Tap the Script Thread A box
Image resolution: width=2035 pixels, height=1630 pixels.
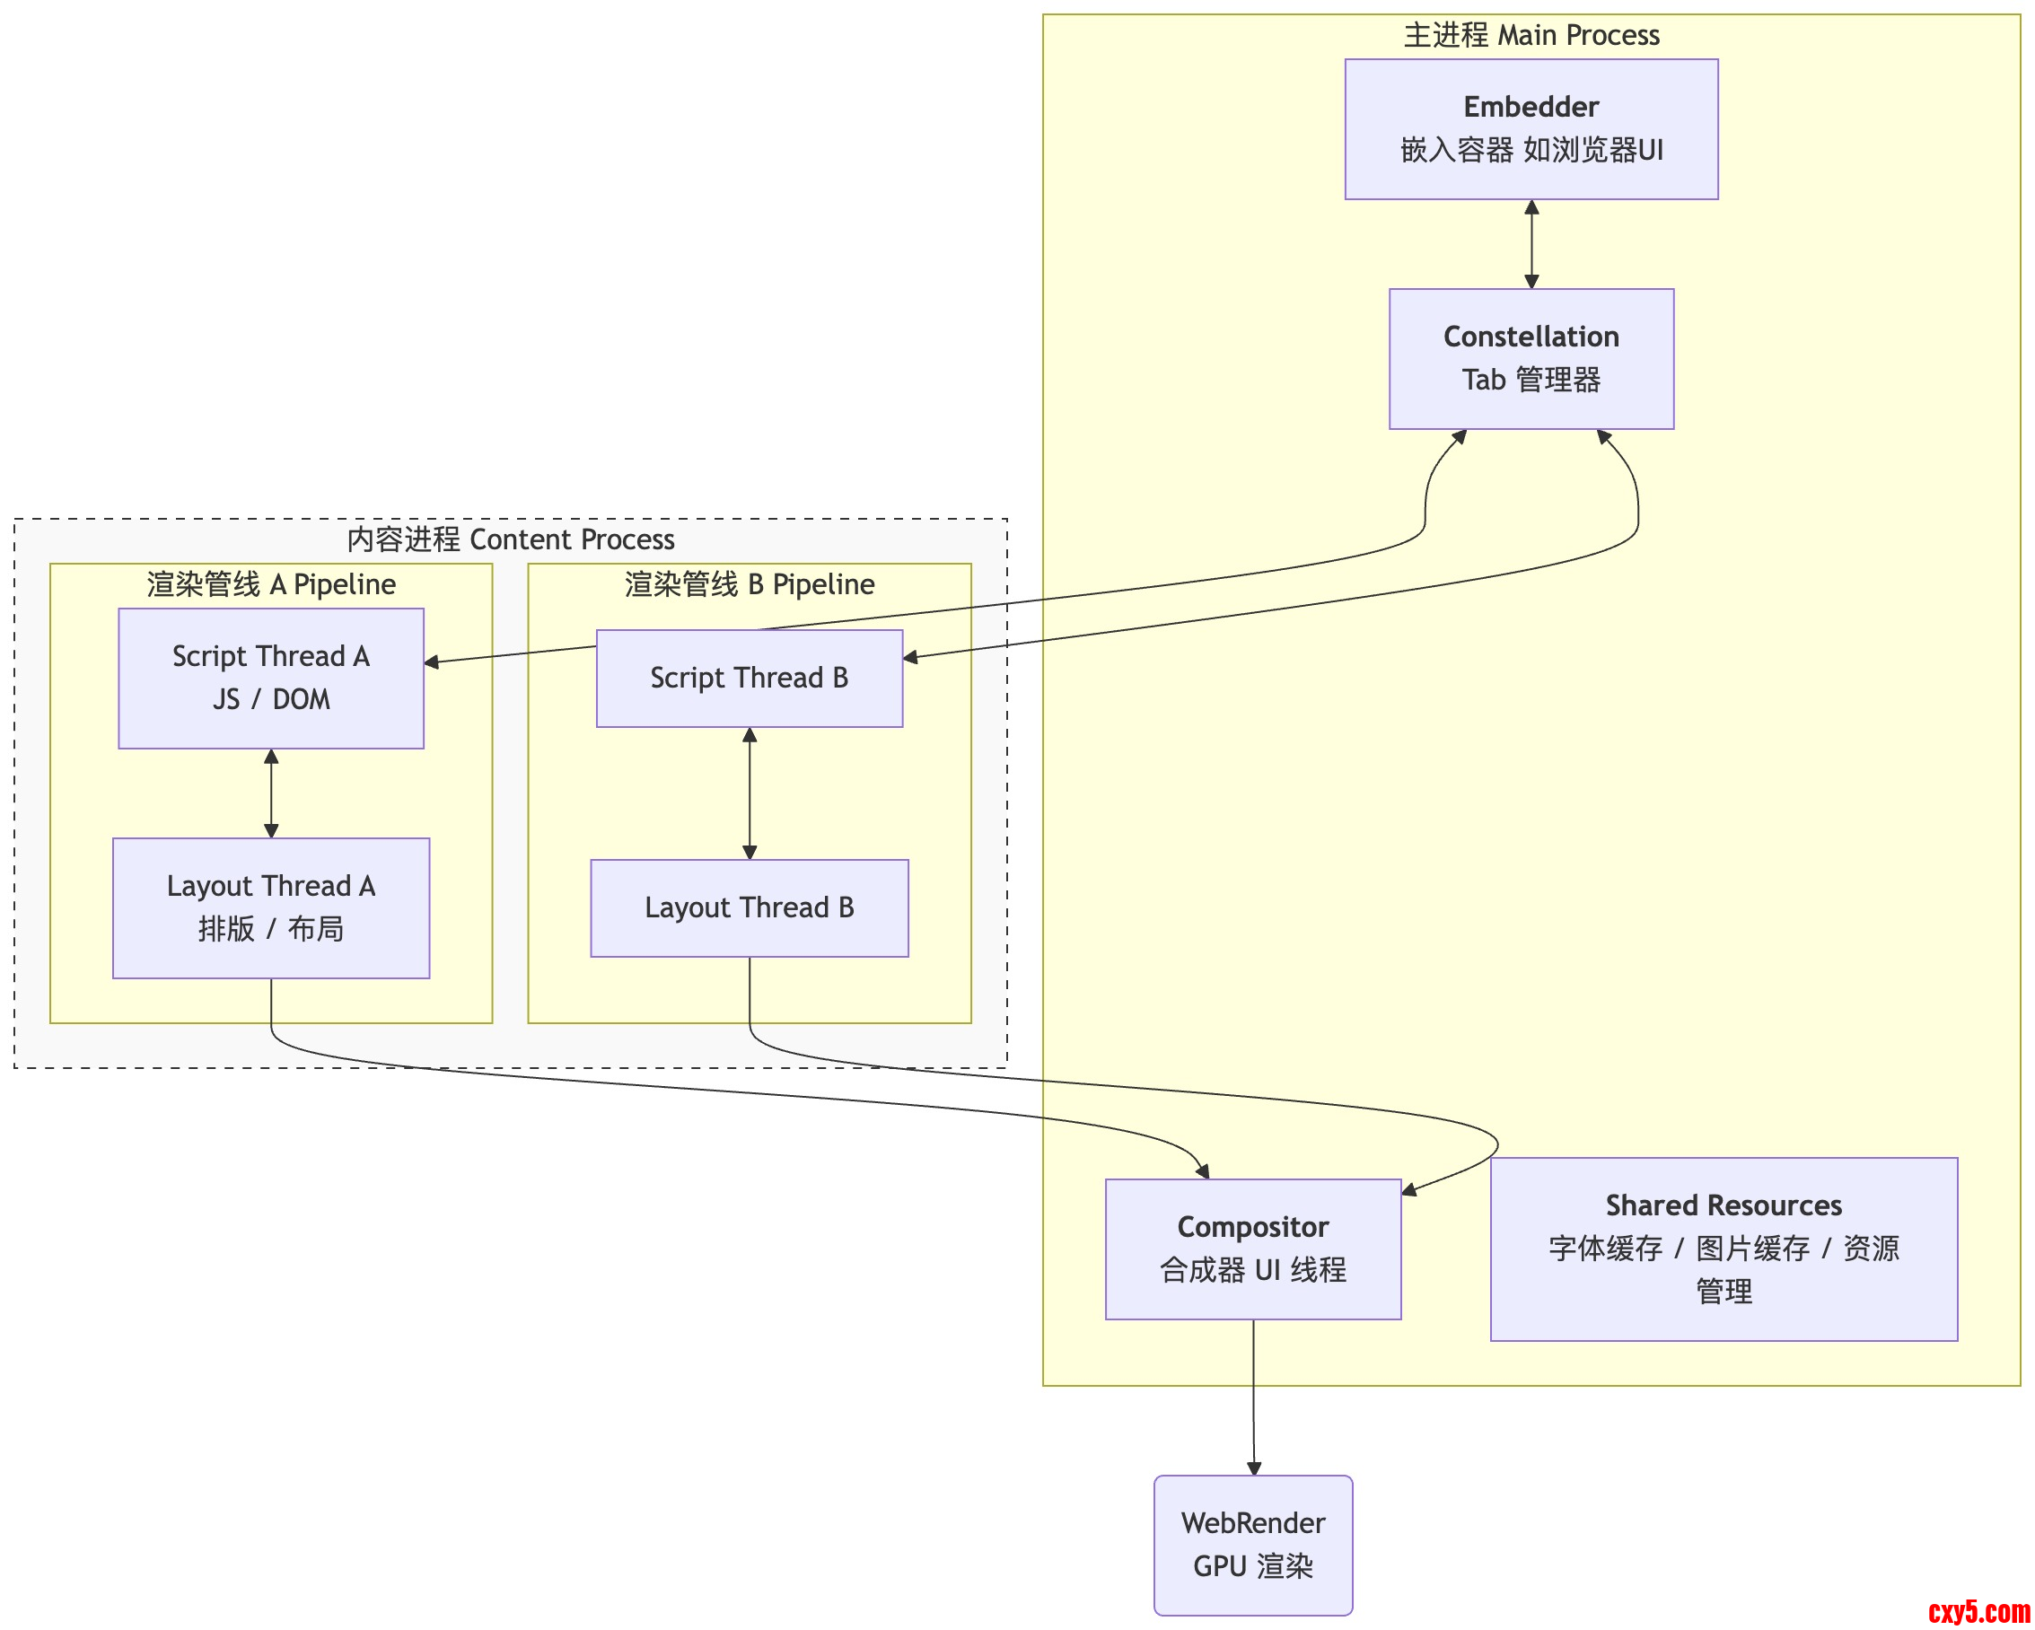[x=271, y=678]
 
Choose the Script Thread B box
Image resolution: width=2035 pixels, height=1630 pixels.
[x=749, y=678]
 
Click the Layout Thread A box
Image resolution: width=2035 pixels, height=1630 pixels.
[x=271, y=907]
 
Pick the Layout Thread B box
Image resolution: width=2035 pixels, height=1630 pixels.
[x=749, y=907]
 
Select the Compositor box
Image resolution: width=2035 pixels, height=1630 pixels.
[x=1252, y=1248]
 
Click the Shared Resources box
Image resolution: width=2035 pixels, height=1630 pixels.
[x=1723, y=1248]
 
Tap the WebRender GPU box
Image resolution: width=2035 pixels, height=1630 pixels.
[x=1252, y=1544]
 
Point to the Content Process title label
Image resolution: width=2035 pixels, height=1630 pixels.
[x=511, y=539]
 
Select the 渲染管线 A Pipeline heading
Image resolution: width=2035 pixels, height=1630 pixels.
[x=271, y=584]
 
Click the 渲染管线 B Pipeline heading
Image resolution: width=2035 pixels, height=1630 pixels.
[x=749, y=584]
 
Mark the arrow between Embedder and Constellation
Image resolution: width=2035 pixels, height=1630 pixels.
[x=1531, y=243]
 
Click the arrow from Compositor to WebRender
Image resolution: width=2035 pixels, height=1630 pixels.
[x=1252, y=1397]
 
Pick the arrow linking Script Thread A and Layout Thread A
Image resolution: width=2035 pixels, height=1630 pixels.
[x=271, y=793]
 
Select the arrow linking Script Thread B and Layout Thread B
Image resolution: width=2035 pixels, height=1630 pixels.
[x=750, y=793]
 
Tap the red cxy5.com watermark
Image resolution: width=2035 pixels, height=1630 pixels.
[x=1978, y=1610]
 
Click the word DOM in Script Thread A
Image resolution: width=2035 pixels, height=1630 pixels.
[x=301, y=699]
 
